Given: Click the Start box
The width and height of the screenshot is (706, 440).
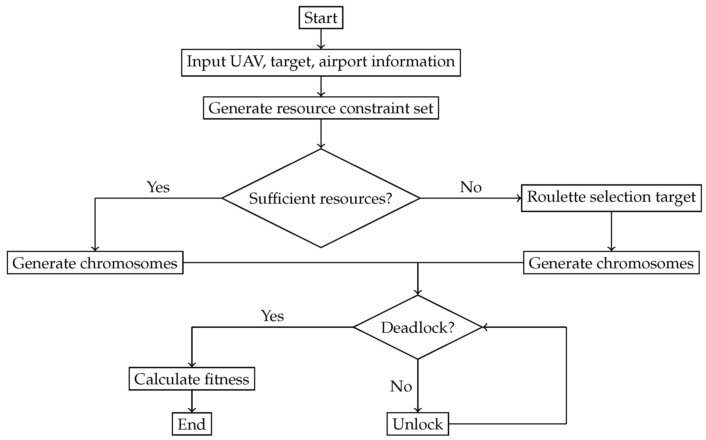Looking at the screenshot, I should coord(321,18).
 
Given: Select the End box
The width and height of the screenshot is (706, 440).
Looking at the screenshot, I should coord(192,424).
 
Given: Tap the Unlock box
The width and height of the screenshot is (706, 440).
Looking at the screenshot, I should coord(418,424).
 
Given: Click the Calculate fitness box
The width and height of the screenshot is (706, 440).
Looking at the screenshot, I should coord(192,379).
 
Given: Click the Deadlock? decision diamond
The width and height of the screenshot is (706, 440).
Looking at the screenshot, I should coord(418,327).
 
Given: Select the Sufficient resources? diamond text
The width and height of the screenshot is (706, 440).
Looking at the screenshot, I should coord(320,198).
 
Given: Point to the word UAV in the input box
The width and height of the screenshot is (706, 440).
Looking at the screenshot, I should coord(248,62).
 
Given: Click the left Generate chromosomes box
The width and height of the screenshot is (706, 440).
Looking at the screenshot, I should coord(95,263).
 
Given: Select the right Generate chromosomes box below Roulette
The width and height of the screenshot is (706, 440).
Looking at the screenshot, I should coord(611,263).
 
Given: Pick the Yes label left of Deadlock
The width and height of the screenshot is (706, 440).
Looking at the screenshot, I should coord(273,316).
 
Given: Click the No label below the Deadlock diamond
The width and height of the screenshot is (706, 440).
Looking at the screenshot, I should coord(401,387).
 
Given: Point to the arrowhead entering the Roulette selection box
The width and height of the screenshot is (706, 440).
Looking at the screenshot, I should coord(519,198).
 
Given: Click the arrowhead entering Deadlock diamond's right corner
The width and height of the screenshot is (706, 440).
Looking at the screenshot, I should coord(485,327).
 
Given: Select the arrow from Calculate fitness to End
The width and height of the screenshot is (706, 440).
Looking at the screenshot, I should coord(192,402).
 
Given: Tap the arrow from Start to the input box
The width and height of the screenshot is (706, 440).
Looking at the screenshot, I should coord(321,39).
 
